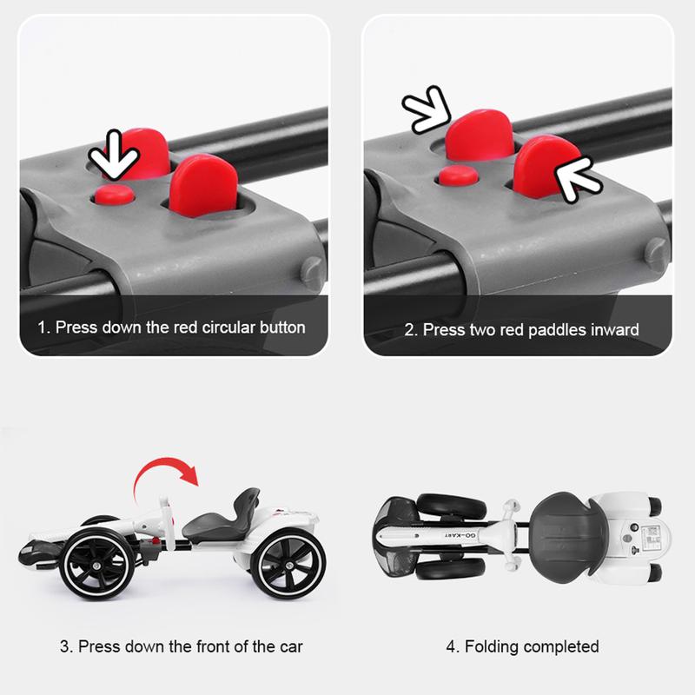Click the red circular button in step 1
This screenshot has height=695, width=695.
tap(115, 195)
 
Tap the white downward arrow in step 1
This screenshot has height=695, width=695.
tap(115, 156)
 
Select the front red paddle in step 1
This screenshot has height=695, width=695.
tap(203, 185)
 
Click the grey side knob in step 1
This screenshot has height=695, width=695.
tap(312, 273)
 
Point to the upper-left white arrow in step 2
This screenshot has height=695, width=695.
tap(427, 110)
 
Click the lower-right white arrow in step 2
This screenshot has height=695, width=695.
tap(578, 180)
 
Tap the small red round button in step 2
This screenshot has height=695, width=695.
tap(459, 175)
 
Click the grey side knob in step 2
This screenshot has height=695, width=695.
tap(656, 255)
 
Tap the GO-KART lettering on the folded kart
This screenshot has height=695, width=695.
tap(460, 536)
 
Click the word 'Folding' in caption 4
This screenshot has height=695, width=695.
tap(491, 646)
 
